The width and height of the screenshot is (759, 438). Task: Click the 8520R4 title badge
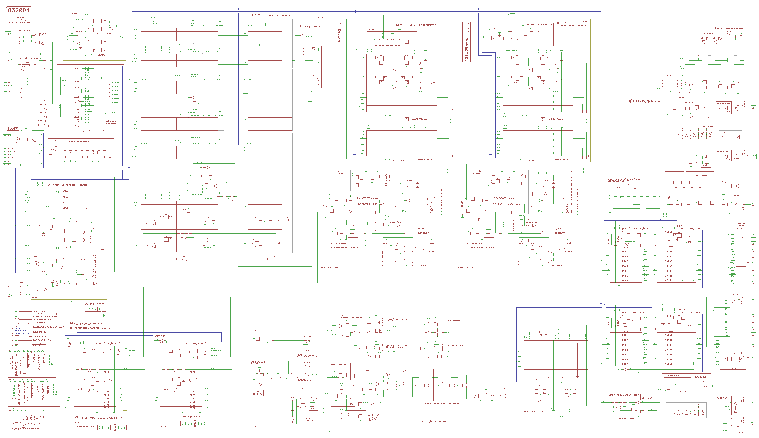[x=19, y=10]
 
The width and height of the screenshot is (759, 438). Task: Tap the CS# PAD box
[x=8, y=53]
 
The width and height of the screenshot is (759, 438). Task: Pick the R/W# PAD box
[x=9, y=60]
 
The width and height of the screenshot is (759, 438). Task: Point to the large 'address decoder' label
[x=111, y=122]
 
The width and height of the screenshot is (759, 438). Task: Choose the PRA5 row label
[x=625, y=271]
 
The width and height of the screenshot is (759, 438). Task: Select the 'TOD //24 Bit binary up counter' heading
[x=269, y=15]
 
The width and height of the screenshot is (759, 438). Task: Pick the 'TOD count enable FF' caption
[x=103, y=34]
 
